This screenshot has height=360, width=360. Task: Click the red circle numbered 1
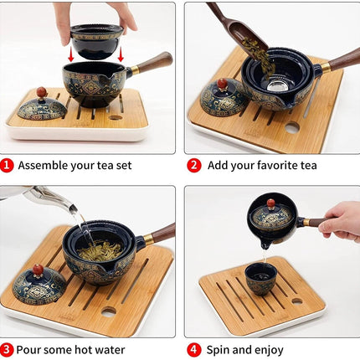click(x=8, y=166)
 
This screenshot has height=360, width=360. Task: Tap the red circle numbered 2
click(x=194, y=166)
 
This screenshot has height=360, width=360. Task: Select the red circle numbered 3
click(x=8, y=349)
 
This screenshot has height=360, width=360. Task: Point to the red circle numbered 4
click(x=194, y=349)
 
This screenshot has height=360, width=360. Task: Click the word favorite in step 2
click(x=270, y=166)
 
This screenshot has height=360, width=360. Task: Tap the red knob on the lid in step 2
click(x=223, y=85)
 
